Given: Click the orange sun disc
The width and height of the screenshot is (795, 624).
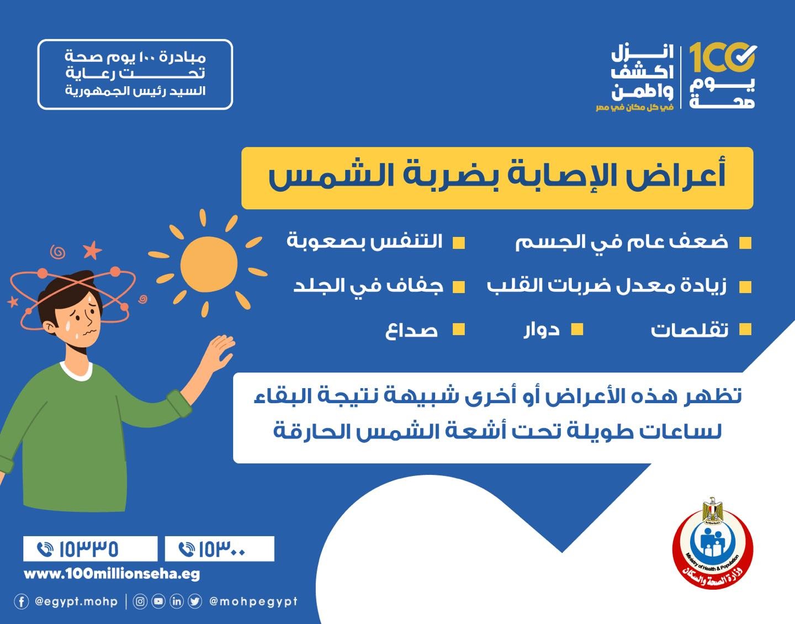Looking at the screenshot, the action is coord(209,264).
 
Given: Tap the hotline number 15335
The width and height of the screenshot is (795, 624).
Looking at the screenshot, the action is coord(89,549).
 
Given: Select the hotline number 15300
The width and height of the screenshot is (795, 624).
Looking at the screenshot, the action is coord(222,549).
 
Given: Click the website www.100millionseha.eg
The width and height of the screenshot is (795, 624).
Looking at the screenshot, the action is coord(112,574).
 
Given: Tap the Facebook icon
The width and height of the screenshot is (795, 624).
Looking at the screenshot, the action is coord(21,602).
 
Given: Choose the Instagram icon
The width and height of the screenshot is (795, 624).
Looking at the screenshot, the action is coord(140,602).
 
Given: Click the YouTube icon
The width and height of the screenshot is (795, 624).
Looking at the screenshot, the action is coord(158,602).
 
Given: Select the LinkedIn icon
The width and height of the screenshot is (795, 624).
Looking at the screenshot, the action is coord(176,602).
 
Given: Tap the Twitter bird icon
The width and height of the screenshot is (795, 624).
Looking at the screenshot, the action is coord(195,602).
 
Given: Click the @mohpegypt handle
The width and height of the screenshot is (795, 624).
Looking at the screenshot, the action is coord(253,602).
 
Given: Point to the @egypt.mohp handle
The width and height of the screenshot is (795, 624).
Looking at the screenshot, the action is coord(76,602).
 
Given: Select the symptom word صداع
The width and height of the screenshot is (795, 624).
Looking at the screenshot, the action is coord(411,330).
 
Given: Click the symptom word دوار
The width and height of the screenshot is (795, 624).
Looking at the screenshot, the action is coord(542,330).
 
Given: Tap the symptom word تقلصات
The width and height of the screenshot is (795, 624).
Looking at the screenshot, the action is coord(689,330).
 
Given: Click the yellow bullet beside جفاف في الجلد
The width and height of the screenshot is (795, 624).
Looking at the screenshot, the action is coord(459,287).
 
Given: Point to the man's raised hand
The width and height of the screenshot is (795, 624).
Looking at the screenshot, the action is coord(219,352).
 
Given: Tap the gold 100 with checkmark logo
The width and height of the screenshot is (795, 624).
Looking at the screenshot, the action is coord(723,58).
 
